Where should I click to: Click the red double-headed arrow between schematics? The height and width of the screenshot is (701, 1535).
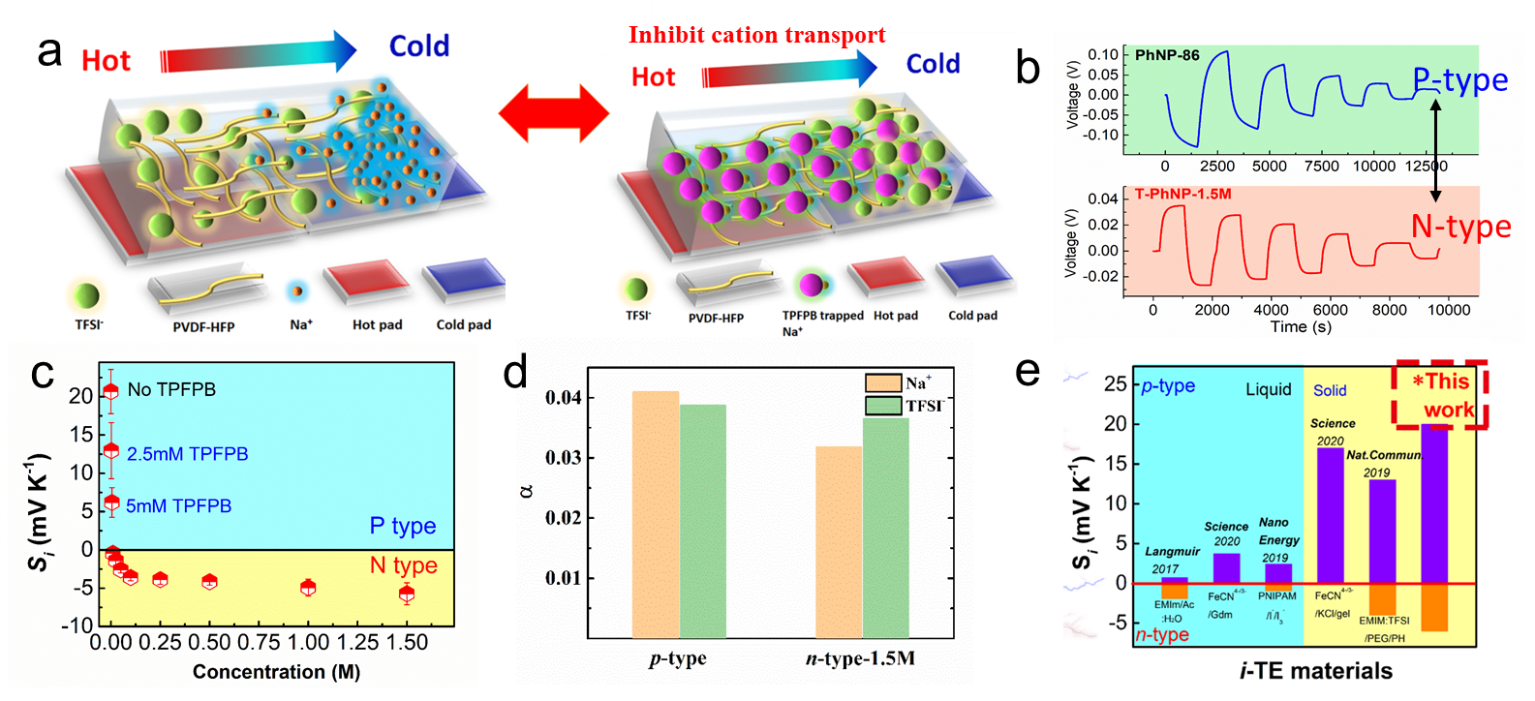(554, 114)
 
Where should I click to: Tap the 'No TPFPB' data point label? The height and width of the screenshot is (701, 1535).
(171, 389)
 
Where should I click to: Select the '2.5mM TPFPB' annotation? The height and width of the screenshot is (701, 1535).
(187, 453)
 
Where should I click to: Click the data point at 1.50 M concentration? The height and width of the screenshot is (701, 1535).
(407, 594)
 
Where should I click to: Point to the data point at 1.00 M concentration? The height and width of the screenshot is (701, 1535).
(308, 587)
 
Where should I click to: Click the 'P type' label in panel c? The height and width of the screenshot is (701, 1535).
(403, 526)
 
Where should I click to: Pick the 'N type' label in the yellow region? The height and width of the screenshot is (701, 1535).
(403, 565)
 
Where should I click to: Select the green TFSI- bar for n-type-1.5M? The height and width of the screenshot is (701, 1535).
(885, 528)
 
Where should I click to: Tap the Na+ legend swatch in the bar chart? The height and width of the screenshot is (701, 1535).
(883, 382)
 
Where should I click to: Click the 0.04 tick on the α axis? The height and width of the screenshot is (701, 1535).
(563, 397)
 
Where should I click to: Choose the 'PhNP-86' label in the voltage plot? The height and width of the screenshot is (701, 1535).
(1167, 55)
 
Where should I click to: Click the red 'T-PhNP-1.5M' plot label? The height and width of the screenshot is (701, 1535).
(1182, 194)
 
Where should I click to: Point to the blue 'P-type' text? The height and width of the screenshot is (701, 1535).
(1460, 80)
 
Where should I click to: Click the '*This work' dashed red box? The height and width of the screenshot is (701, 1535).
(1440, 394)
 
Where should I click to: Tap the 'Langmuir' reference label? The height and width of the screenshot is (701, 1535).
(1173, 551)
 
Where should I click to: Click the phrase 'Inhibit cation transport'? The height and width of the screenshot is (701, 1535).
(756, 36)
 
